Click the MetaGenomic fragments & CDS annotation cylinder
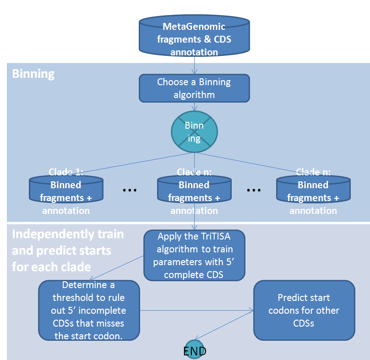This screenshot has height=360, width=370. (x=194, y=37)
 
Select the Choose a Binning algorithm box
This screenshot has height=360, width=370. (x=194, y=88)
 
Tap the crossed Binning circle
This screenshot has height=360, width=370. (x=194, y=132)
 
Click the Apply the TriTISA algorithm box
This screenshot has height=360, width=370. (x=194, y=255)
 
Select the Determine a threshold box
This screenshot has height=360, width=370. (x=89, y=310)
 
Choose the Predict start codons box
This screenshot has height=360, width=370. (x=304, y=310)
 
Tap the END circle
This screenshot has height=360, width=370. (x=194, y=351)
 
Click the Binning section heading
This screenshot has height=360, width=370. (x=33, y=74)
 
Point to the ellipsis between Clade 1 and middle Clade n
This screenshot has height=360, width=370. (x=130, y=190)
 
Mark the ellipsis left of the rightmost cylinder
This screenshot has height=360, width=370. (x=254, y=190)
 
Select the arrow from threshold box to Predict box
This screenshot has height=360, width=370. (x=197, y=310)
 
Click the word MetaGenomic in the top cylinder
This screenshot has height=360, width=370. (x=194, y=27)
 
